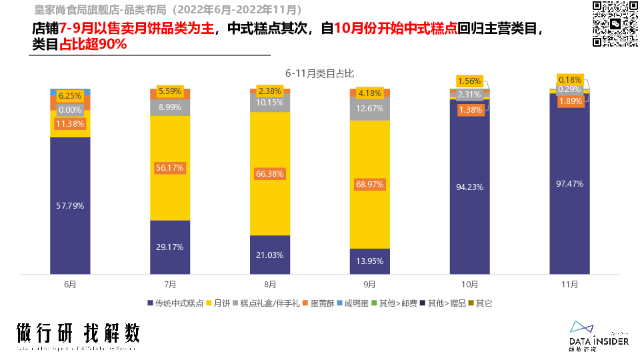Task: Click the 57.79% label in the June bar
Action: (70, 205)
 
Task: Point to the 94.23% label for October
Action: (469, 187)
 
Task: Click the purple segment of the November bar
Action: (569, 220)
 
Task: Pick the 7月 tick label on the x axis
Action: (170, 284)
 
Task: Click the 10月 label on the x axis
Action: (469, 284)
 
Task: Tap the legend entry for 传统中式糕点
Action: (176, 303)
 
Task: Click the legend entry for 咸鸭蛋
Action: (359, 303)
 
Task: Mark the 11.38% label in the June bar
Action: (70, 124)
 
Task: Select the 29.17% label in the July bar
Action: (170, 247)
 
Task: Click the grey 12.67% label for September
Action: (370, 109)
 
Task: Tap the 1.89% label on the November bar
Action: (569, 101)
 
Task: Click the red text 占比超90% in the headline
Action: (93, 45)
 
